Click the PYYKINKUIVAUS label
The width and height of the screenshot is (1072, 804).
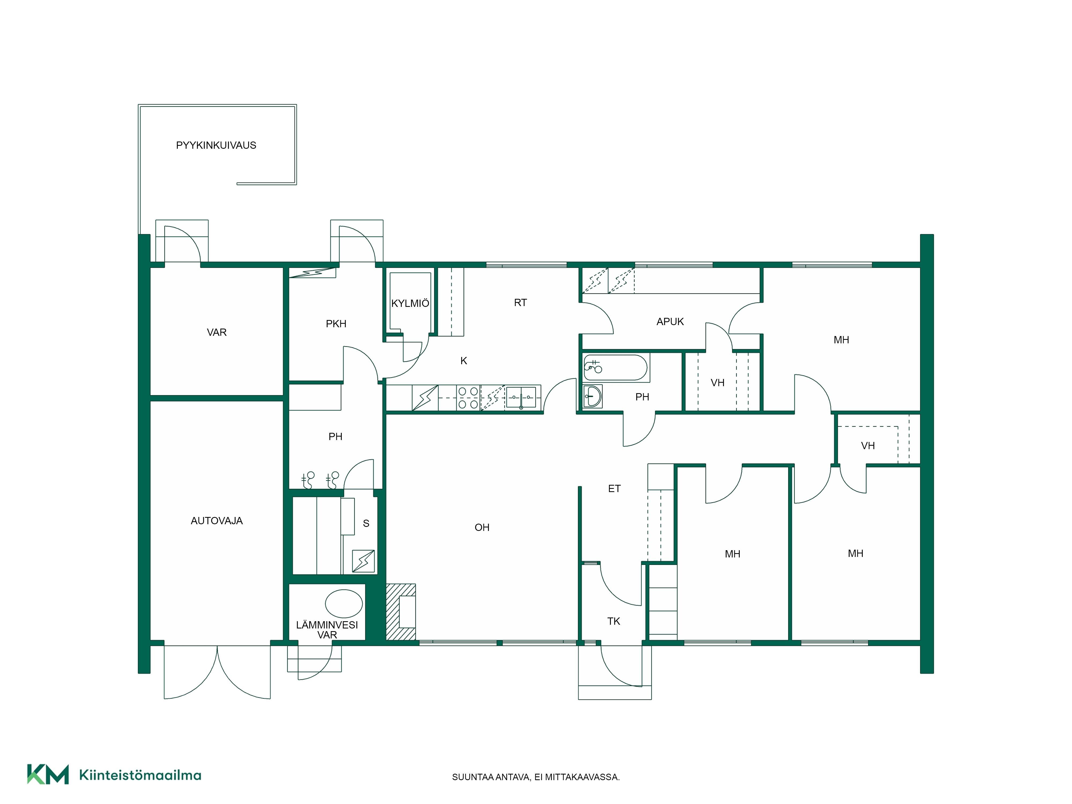pyautogui.click(x=216, y=145)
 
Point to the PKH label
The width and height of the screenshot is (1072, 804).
pyautogui.click(x=336, y=324)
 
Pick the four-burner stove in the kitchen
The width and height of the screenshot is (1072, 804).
pyautogui.click(x=468, y=398)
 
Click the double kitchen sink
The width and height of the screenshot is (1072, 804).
pyautogui.click(x=521, y=397)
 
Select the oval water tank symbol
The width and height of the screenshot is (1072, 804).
pyautogui.click(x=344, y=603)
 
